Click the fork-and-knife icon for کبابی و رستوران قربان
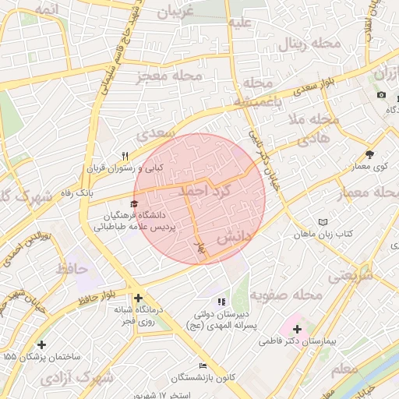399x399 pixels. coord(124,156)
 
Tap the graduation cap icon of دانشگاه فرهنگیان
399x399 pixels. coord(122,203)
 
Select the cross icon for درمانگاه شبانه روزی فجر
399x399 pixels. coord(138,298)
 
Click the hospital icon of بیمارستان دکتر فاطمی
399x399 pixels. coord(297,330)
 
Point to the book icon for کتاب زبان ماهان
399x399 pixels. coord(323,222)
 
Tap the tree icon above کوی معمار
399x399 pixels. coord(369,155)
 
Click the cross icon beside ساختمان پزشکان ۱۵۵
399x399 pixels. coord(41,344)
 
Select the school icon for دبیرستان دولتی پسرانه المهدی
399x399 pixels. coord(221,301)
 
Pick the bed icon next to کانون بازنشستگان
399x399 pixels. coord(203,365)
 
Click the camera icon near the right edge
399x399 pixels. coord(381,94)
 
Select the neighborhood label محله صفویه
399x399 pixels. coord(292,295)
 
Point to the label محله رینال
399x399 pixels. coord(313,43)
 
